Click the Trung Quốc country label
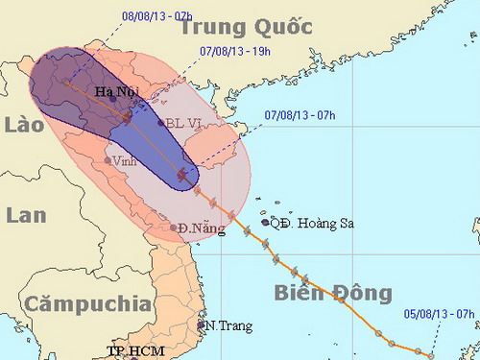[245, 26]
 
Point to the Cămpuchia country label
[88, 304]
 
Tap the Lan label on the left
[25, 215]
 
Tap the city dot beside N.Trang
[202, 325]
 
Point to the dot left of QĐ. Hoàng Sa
[265, 222]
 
